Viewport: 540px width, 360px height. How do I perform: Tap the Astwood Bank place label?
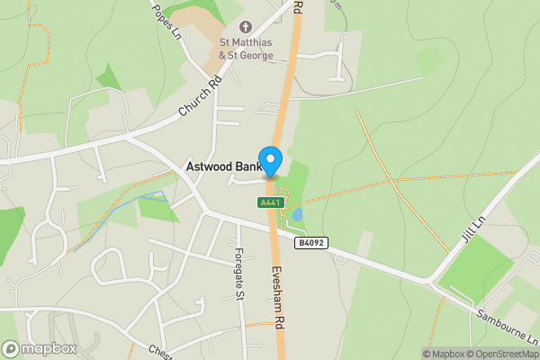(x=222, y=166)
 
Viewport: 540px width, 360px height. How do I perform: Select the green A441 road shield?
(x=271, y=202)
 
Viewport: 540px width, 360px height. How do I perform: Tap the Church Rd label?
(x=199, y=97)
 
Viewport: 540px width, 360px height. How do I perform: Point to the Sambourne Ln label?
(x=509, y=324)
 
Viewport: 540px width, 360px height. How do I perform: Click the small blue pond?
(x=298, y=214)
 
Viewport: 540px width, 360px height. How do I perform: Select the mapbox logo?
(x=40, y=348)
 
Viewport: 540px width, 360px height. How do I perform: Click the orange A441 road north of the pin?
(x=287, y=99)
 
